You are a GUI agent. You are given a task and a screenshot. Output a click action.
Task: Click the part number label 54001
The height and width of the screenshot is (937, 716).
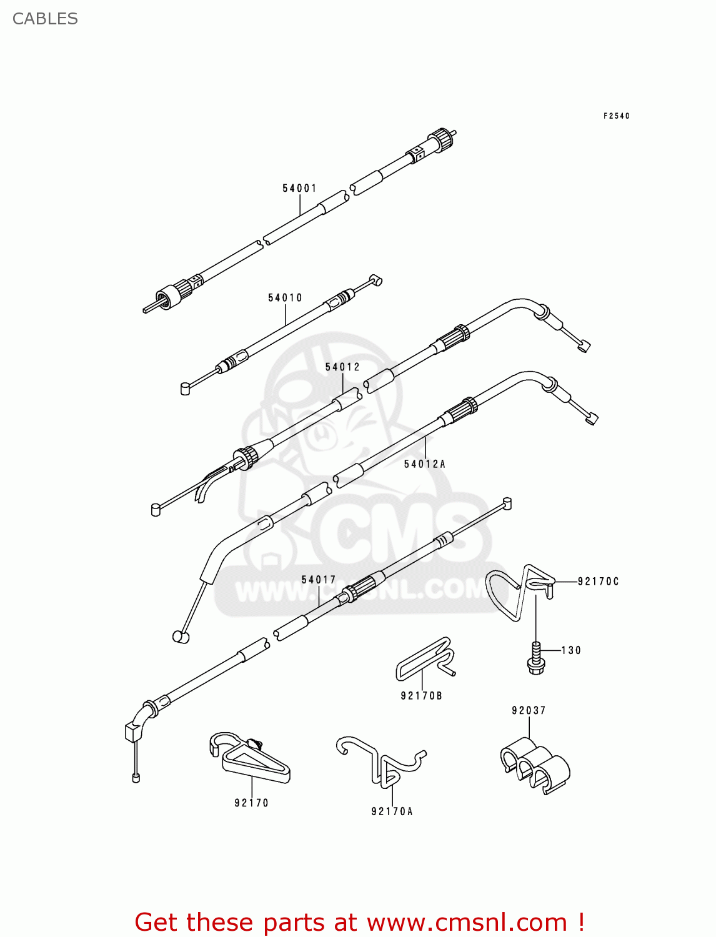pyautogui.click(x=299, y=188)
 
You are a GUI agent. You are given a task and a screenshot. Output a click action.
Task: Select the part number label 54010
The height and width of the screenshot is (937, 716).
pyautogui.click(x=285, y=298)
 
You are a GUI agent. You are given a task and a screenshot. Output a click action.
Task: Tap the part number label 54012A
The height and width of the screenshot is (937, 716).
pyautogui.click(x=424, y=464)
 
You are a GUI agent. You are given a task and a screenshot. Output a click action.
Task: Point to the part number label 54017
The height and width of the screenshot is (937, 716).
pyautogui.click(x=319, y=580)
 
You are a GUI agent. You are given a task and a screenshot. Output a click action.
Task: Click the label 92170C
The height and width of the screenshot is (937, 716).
pyautogui.click(x=598, y=582)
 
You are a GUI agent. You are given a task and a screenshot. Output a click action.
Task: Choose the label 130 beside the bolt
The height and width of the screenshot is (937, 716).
pyautogui.click(x=571, y=650)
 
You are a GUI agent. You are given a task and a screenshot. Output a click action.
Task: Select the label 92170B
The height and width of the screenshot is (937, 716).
pyautogui.click(x=421, y=696)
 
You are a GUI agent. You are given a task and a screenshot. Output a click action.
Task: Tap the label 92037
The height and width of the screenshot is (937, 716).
pyautogui.click(x=529, y=710)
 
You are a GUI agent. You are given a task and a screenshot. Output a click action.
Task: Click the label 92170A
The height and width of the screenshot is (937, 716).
pyautogui.click(x=392, y=811)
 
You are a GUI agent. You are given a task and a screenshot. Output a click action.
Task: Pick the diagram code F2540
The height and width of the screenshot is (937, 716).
pyautogui.click(x=617, y=116)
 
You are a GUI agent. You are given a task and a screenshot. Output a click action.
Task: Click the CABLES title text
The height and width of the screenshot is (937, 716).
pyautogui.click(x=45, y=19)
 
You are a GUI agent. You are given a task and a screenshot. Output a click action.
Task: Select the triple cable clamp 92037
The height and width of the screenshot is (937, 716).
pyautogui.click(x=535, y=765)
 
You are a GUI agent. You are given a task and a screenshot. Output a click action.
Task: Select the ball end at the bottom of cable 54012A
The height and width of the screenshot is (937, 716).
pyautogui.click(x=181, y=637)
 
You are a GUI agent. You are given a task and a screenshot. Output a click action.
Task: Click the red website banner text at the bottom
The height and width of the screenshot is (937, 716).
pyautogui.click(x=359, y=922)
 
